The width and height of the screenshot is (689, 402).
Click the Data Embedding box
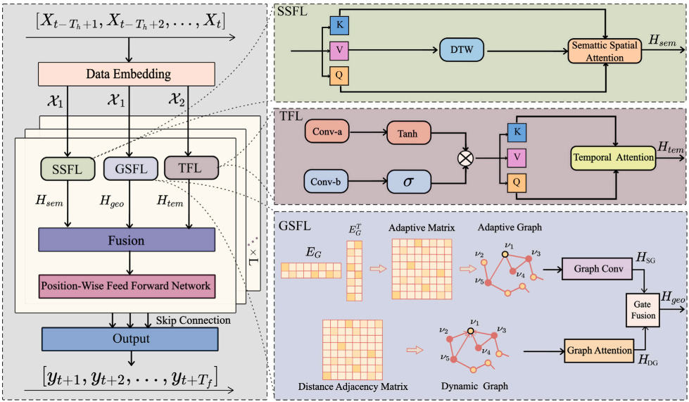pyautogui.click(x=127, y=74)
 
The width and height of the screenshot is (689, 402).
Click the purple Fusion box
pyautogui.click(x=127, y=239)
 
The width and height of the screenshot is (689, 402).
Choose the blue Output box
pyautogui.click(x=132, y=338)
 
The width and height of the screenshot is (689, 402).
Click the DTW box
pyautogui.click(x=461, y=50)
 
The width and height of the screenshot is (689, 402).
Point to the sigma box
pyautogui.click(x=409, y=182)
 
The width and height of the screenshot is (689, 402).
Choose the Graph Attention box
pyautogui.click(x=598, y=349)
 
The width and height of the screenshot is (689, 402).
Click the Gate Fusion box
pyautogui.click(x=643, y=310)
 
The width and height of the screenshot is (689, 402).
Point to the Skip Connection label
pyautogui.click(x=193, y=320)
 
